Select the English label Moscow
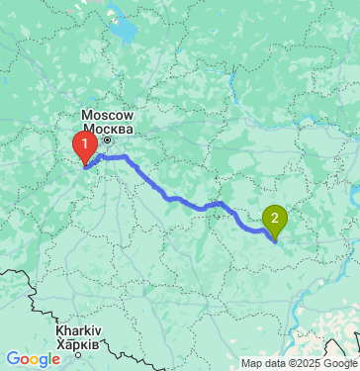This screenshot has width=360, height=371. (115, 116)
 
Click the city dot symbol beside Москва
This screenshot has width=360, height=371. (109, 139)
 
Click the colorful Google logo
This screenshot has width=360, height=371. (33, 359)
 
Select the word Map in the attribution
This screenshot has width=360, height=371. (252, 363)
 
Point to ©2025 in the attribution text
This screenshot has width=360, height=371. (300, 363)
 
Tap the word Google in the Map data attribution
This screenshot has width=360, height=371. (336, 363)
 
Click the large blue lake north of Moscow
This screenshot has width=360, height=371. (127, 33)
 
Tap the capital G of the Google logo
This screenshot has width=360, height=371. (13, 359)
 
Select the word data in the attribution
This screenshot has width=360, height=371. (274, 363)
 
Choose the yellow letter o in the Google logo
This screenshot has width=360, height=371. (36, 360)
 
